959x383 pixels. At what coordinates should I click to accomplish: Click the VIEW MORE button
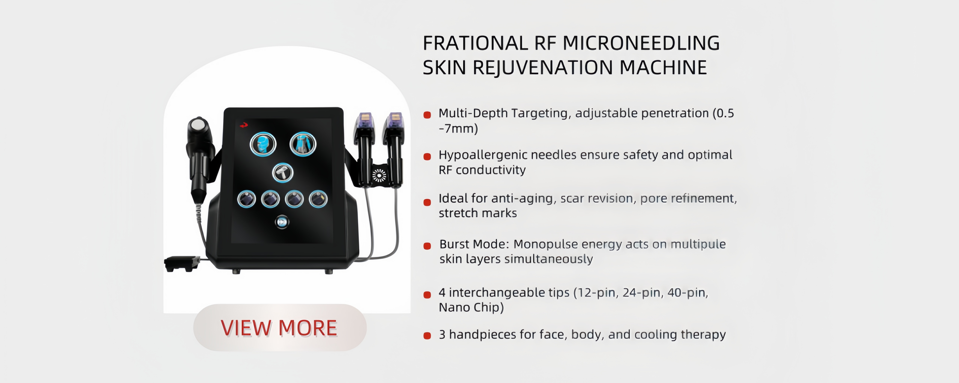click(x=280, y=328)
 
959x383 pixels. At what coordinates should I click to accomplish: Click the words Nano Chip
click(x=471, y=307)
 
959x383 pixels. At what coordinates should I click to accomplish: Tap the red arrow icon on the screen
click(x=244, y=125)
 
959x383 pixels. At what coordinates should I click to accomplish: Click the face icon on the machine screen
click(x=263, y=144)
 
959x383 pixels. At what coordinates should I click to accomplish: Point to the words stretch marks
click(x=478, y=213)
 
